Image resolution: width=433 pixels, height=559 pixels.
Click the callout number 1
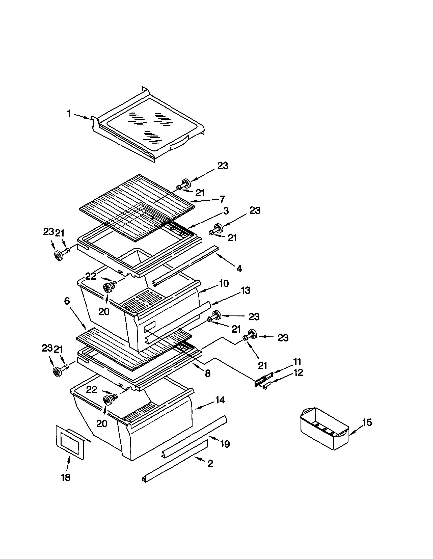69,114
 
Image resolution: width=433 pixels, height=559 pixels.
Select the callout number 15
367,422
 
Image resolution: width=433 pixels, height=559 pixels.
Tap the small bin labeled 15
324,429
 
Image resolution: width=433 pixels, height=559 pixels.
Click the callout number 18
66,477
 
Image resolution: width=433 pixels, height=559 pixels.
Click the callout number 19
225,444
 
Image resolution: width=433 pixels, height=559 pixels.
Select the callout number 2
210,464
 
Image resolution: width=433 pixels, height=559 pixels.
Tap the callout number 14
220,400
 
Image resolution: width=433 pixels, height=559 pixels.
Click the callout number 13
245,290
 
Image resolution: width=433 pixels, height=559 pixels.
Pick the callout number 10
224,284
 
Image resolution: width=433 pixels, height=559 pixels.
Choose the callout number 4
238,269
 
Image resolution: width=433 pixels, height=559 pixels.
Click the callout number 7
222,199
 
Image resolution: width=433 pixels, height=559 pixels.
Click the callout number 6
67,301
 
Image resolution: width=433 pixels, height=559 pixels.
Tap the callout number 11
297,362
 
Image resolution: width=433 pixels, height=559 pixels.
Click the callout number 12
298,372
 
